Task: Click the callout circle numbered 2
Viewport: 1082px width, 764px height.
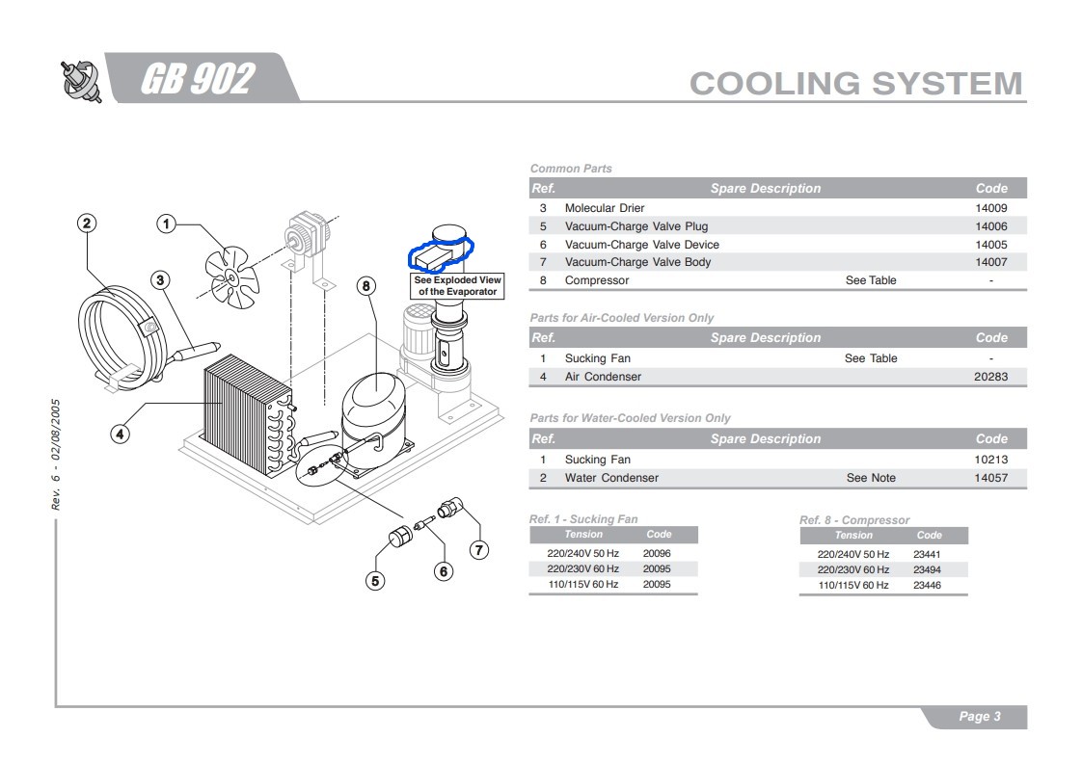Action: coord(86,224)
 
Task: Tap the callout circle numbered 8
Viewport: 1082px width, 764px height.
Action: coord(366,286)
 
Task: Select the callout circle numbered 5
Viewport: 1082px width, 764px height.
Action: coord(375,581)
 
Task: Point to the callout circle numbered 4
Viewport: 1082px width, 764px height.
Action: coord(121,434)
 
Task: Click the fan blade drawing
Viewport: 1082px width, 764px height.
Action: coord(231,277)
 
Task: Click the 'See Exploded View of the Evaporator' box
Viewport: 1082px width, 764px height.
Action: coord(457,286)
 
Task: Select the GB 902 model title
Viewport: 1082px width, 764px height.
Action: coord(198,78)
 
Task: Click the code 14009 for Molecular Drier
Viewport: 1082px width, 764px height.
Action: coord(991,208)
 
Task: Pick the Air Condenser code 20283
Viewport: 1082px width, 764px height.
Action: coord(991,377)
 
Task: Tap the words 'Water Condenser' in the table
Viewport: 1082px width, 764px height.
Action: coord(611,478)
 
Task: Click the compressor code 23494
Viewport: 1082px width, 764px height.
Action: coord(927,569)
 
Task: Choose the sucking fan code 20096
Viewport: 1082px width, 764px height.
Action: coord(657,553)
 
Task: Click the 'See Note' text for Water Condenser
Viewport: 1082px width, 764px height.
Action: coord(871,478)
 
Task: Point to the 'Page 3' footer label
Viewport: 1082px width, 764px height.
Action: coord(979,717)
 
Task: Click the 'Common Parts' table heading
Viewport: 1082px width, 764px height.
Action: coord(571,169)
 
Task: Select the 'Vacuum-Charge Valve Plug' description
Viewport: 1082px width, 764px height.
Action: coord(636,226)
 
